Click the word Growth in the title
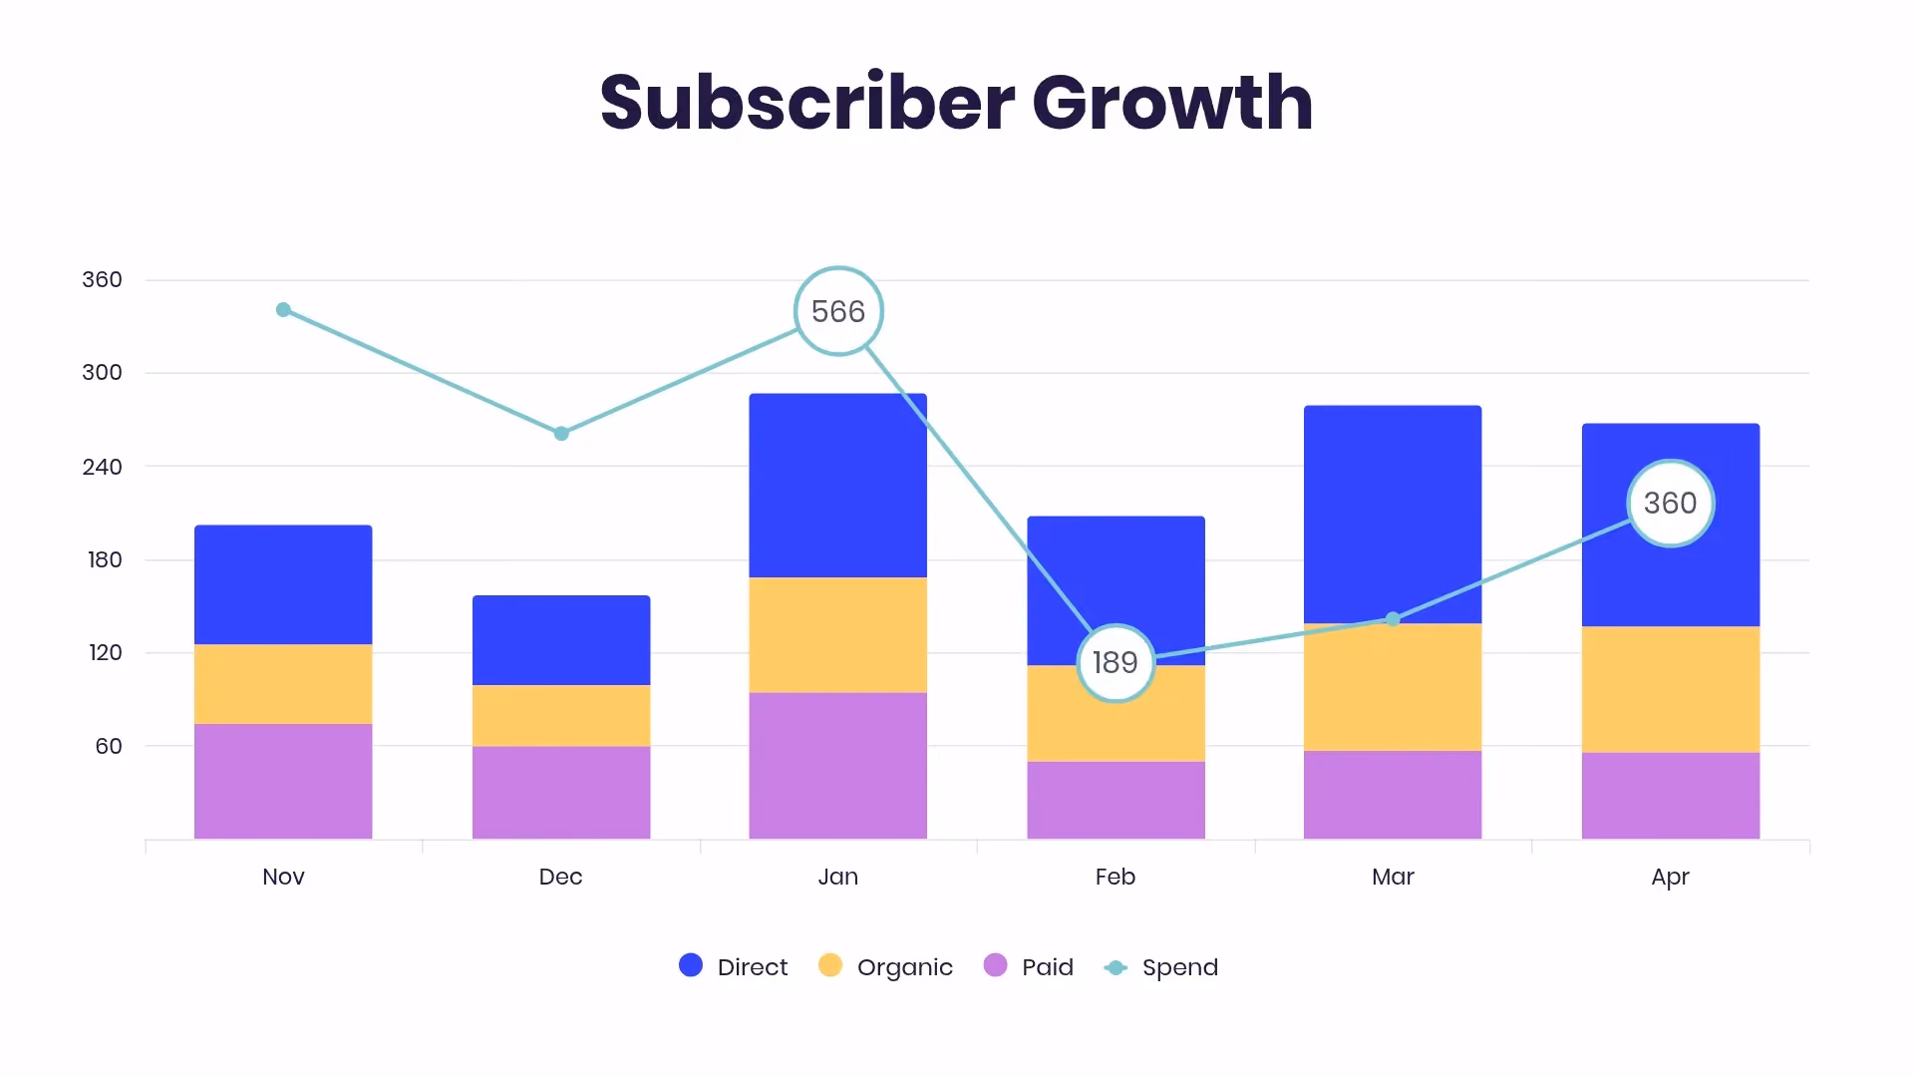click(x=1172, y=103)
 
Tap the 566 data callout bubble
click(x=838, y=311)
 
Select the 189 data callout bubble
click(x=1116, y=663)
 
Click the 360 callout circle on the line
click(x=1671, y=504)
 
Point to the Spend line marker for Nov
click(x=283, y=310)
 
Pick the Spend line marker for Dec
click(x=561, y=434)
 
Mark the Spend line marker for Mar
click(x=1393, y=619)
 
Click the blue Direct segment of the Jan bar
click(x=838, y=486)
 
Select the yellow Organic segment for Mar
click(x=1393, y=687)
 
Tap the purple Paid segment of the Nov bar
click(x=283, y=782)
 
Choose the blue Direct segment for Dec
click(x=561, y=640)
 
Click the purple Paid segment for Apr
click(x=1671, y=796)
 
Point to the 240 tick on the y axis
click(x=102, y=467)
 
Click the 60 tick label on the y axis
click(x=109, y=746)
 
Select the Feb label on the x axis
click(x=1116, y=877)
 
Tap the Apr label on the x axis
click(x=1671, y=878)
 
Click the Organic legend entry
click(x=885, y=966)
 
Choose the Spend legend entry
click(x=1161, y=967)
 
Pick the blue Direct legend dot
click(x=691, y=965)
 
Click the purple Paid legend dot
click(x=995, y=965)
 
